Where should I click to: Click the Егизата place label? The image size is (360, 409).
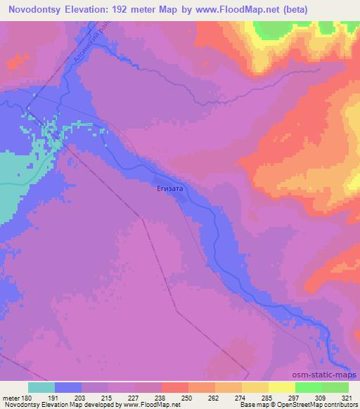(x=170, y=188)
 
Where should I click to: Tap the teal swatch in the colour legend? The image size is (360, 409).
(x=41, y=387)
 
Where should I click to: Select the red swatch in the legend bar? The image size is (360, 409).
(x=175, y=387)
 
